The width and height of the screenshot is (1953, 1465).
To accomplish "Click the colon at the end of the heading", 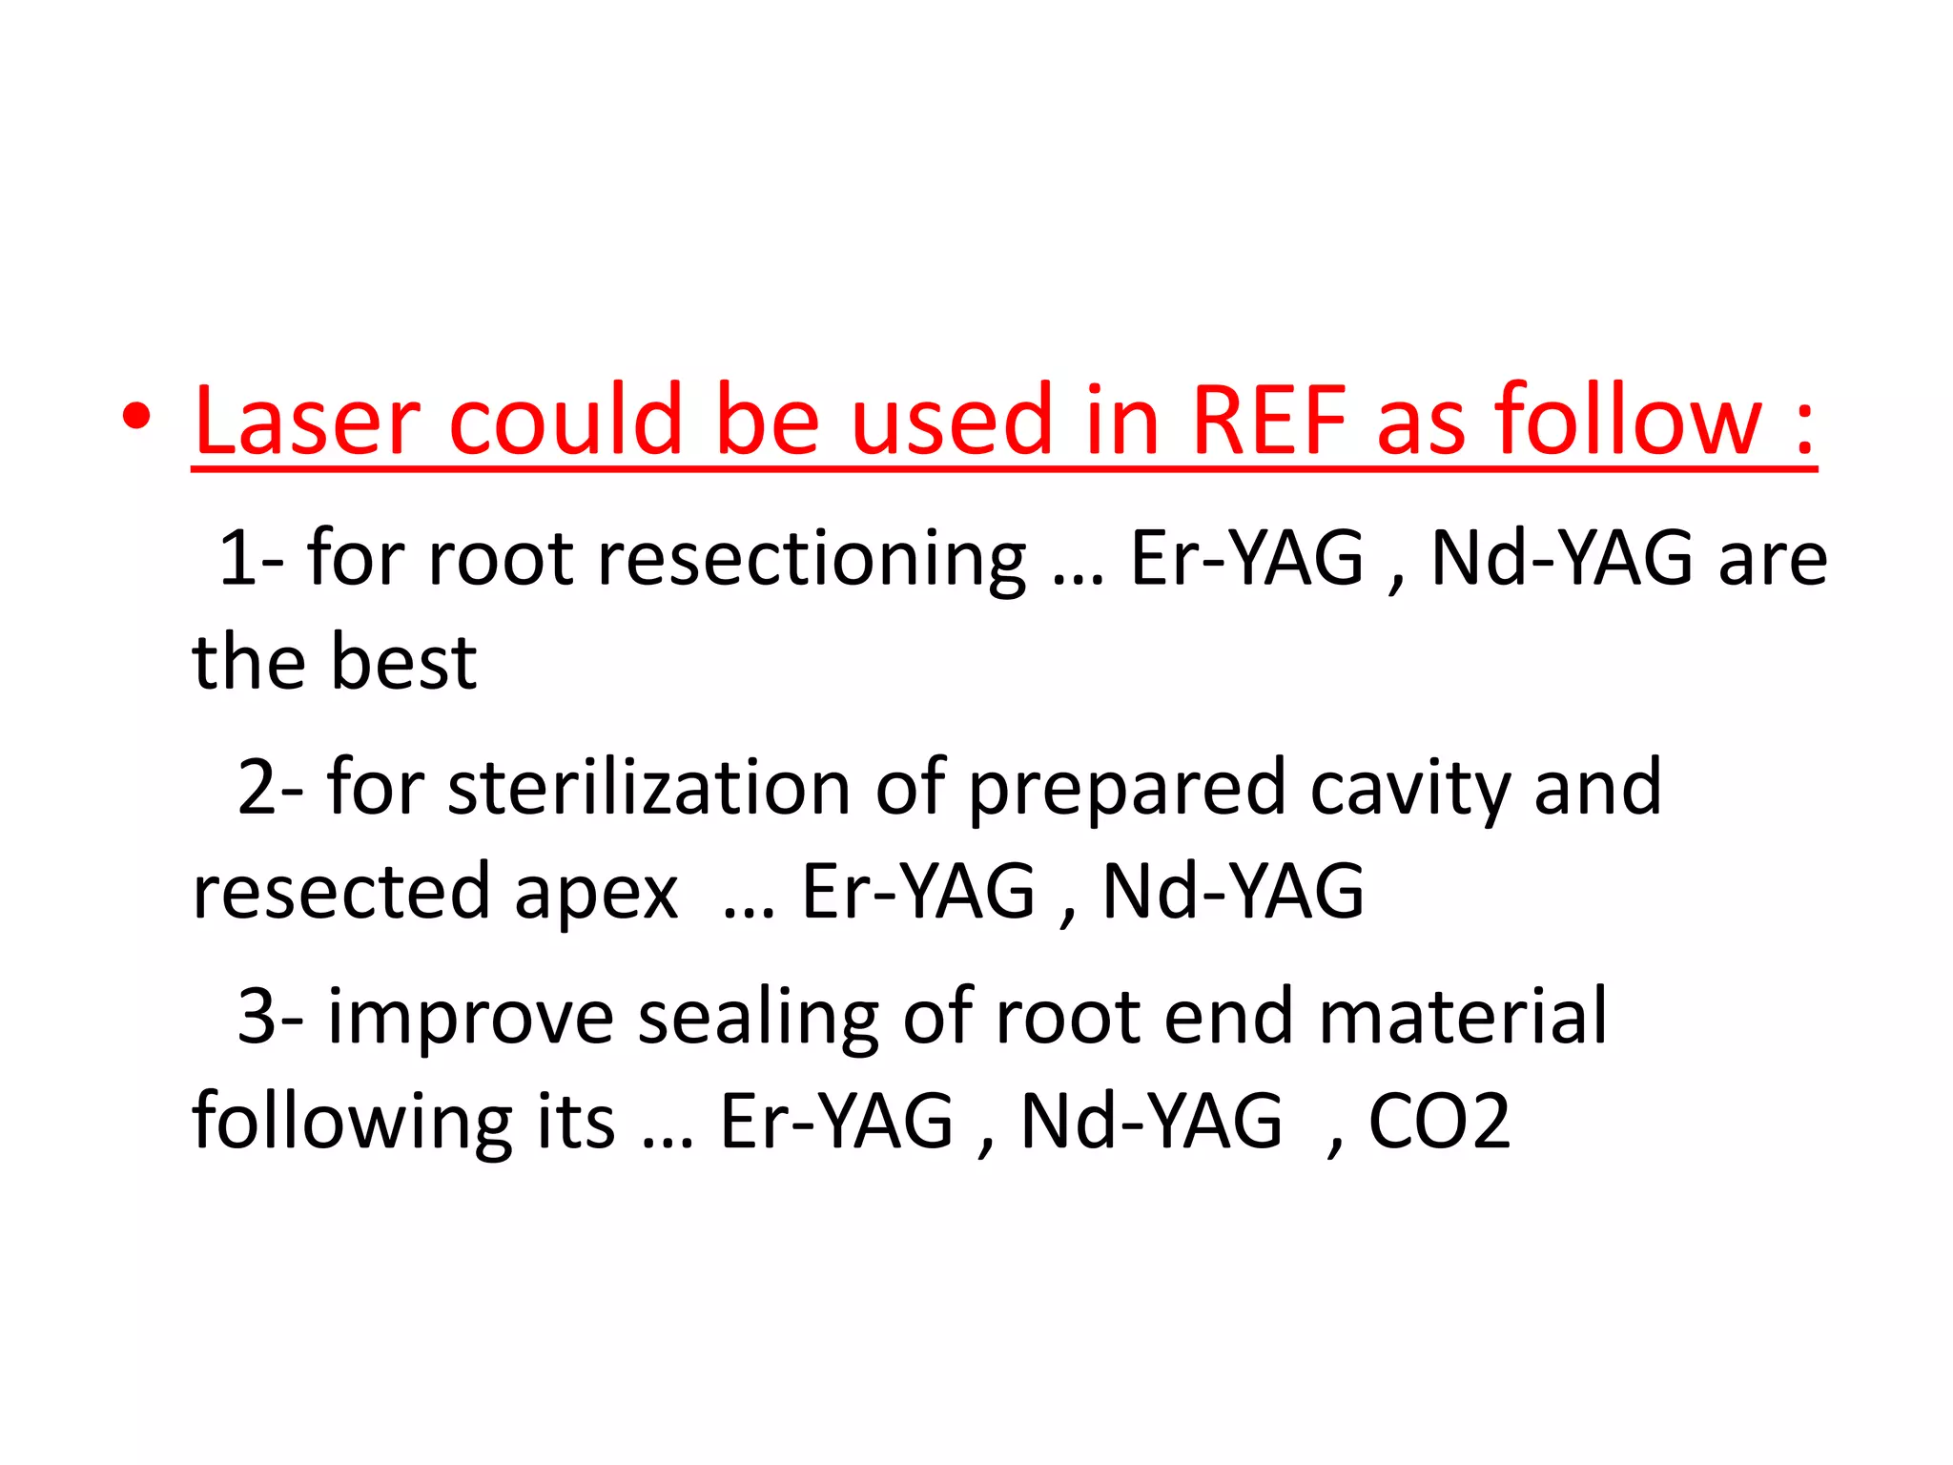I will [x=1802, y=429].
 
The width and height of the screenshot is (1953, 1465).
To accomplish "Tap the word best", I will [x=404, y=662].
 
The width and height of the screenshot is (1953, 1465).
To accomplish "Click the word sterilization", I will [x=648, y=788].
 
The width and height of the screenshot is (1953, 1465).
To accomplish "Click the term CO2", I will [x=1439, y=1122].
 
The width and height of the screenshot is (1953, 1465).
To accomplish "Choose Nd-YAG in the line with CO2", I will [x=1151, y=1122].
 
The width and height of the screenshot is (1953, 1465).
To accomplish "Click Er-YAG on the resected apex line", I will [x=917, y=892].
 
